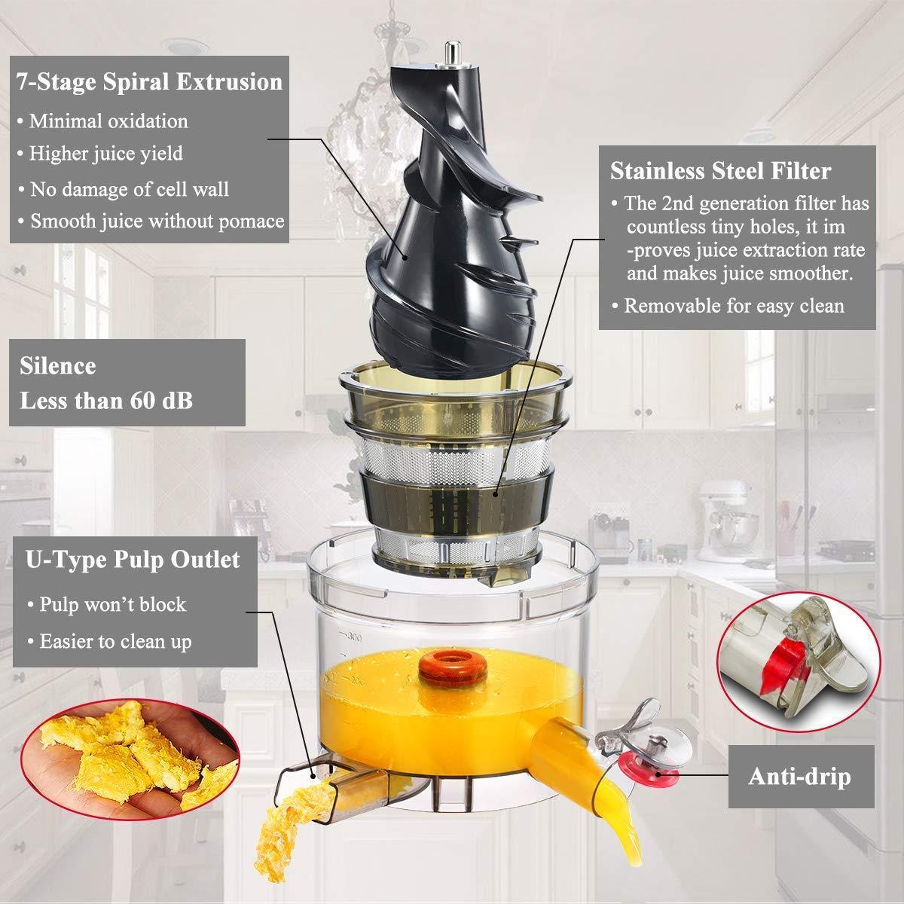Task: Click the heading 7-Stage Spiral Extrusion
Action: click(x=149, y=81)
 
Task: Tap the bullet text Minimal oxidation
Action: click(x=102, y=121)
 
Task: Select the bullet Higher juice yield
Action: click(x=100, y=154)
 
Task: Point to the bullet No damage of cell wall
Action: click(x=124, y=189)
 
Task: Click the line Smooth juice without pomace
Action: click(x=151, y=221)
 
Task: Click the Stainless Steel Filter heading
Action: click(x=721, y=171)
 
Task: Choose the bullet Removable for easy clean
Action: click(x=728, y=306)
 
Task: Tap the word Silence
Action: click(x=58, y=366)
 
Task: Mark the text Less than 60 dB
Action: click(x=106, y=401)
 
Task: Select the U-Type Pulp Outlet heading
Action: click(x=133, y=560)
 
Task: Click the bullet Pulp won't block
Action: click(x=106, y=604)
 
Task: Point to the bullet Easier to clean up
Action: click(x=109, y=642)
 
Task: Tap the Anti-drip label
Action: click(x=799, y=776)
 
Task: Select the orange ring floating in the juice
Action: click(x=453, y=668)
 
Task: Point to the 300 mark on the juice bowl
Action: click(x=354, y=637)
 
